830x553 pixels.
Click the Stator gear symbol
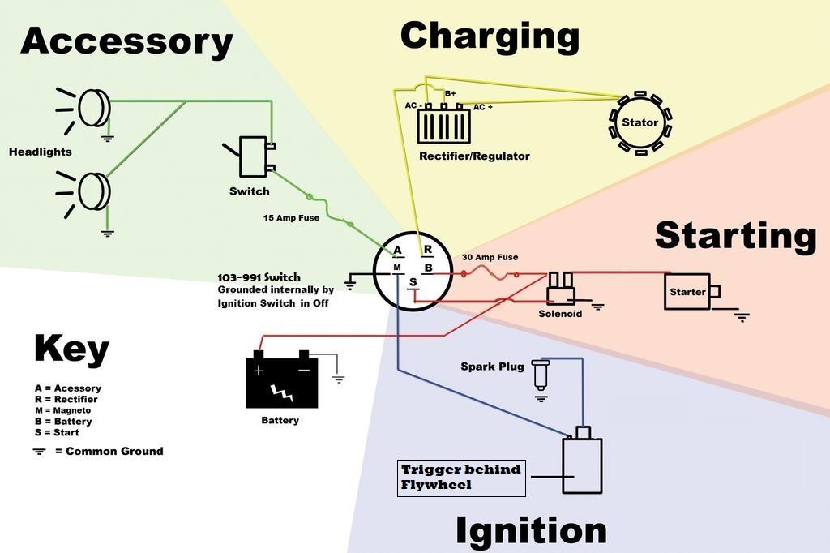pos(640,123)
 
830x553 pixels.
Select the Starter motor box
pos(687,292)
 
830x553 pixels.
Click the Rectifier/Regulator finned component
pos(443,126)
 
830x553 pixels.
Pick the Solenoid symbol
pos(560,289)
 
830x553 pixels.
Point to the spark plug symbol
pos(541,375)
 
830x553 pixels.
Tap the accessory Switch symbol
pos(253,156)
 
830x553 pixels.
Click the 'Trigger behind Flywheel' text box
pos(461,478)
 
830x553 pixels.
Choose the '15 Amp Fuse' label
pos(291,218)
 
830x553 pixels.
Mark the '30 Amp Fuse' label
pos(490,258)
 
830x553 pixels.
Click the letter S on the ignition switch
pos(413,282)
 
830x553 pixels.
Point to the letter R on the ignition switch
pos(427,250)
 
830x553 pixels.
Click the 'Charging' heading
pos(490,36)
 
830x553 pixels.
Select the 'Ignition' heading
pos(531,531)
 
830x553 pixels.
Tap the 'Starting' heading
pos(735,235)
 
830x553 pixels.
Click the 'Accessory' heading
pos(126,41)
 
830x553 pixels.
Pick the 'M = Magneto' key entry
pos(63,410)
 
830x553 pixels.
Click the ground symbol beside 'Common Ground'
pos(39,451)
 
